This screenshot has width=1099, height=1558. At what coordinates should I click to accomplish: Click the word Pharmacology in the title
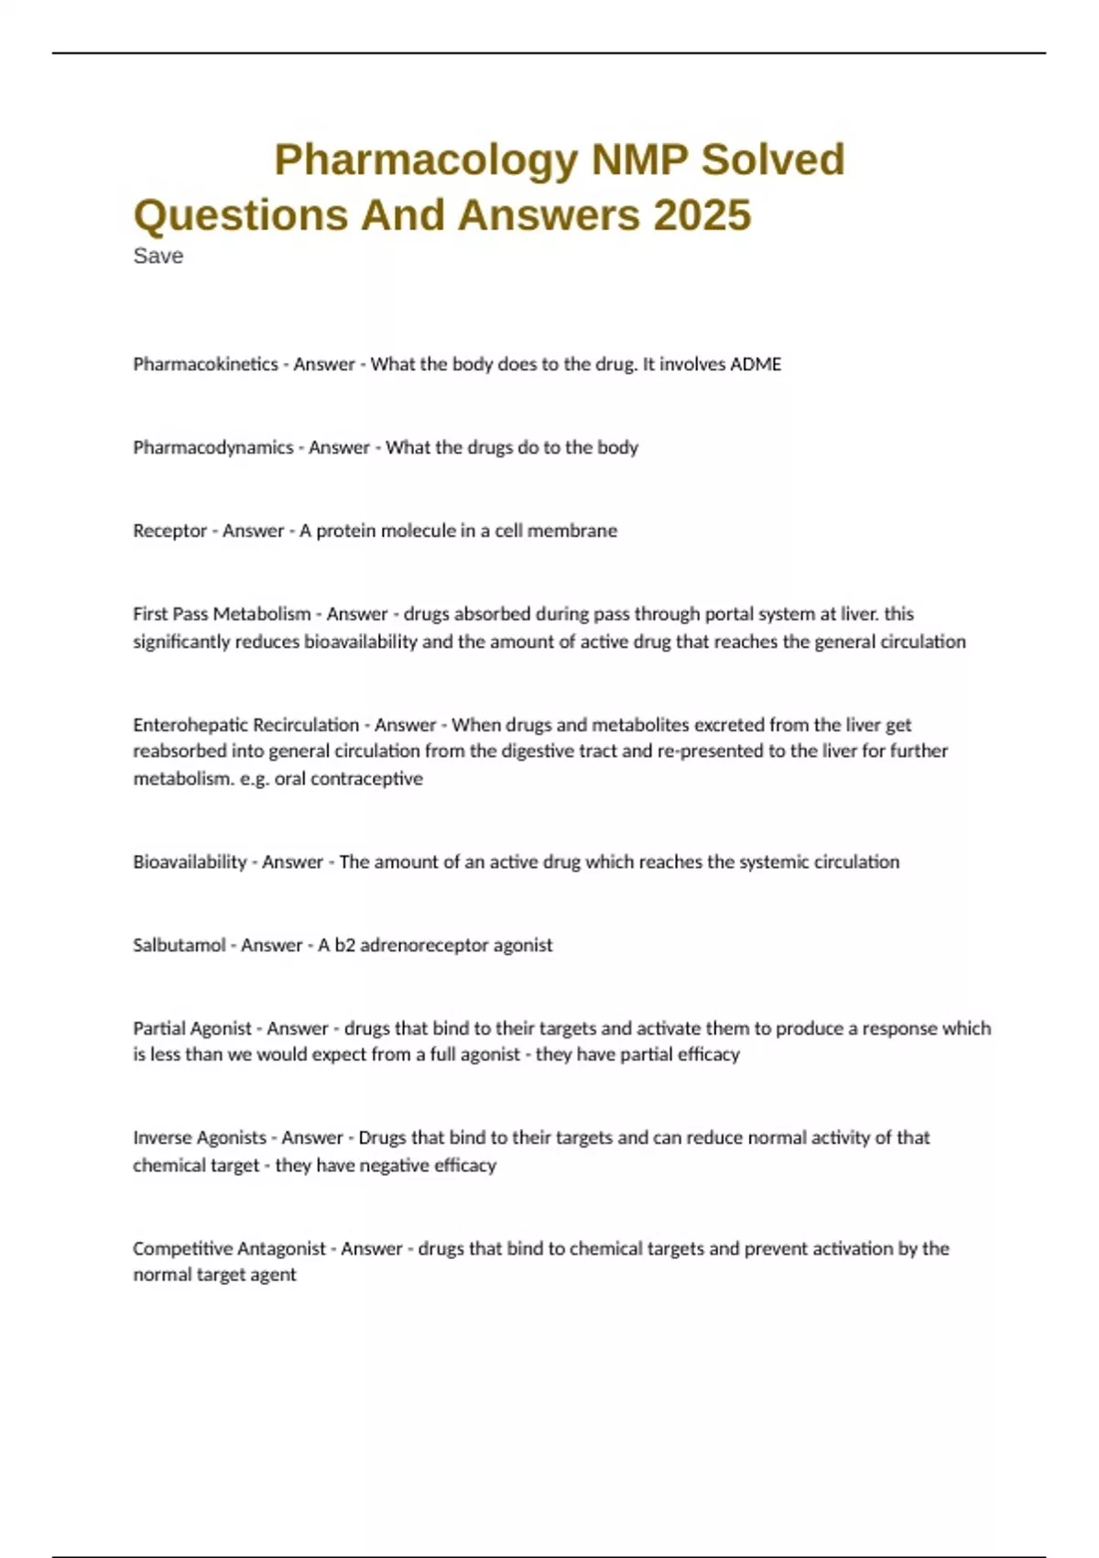426,160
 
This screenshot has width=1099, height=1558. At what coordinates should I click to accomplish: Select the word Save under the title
158,257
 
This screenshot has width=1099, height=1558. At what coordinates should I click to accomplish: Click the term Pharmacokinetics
205,365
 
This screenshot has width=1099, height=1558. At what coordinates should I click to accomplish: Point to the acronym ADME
756,365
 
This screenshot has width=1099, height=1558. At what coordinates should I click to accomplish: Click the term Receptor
169,532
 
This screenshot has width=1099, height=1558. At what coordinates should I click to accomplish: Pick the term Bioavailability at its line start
190,862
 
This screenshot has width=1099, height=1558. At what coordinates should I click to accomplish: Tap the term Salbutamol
179,946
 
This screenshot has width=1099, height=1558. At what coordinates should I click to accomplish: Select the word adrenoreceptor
424,946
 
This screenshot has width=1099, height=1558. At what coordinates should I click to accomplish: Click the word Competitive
181,1249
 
